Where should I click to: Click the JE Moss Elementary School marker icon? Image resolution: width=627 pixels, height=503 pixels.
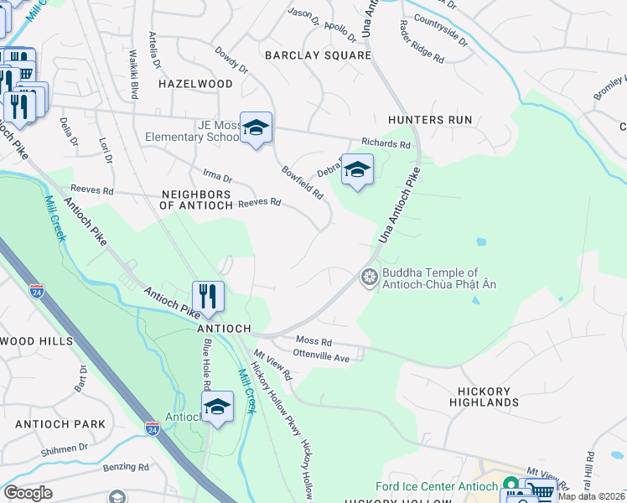click(x=256, y=127)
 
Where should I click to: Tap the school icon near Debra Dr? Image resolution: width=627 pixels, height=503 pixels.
click(x=357, y=169)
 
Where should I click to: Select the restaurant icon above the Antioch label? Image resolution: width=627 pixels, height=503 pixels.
click(x=207, y=296)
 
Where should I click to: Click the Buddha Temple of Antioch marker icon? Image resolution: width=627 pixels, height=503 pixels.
click(x=369, y=277)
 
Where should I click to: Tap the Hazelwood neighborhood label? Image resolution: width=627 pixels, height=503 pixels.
click(x=196, y=85)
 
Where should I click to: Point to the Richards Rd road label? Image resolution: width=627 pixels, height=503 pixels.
click(x=386, y=144)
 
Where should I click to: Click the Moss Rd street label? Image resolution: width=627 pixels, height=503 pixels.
click(x=314, y=342)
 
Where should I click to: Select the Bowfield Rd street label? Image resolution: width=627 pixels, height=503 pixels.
click(x=303, y=181)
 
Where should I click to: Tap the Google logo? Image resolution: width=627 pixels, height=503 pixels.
click(x=28, y=493)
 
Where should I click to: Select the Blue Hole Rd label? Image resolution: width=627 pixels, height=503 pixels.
click(x=205, y=373)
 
